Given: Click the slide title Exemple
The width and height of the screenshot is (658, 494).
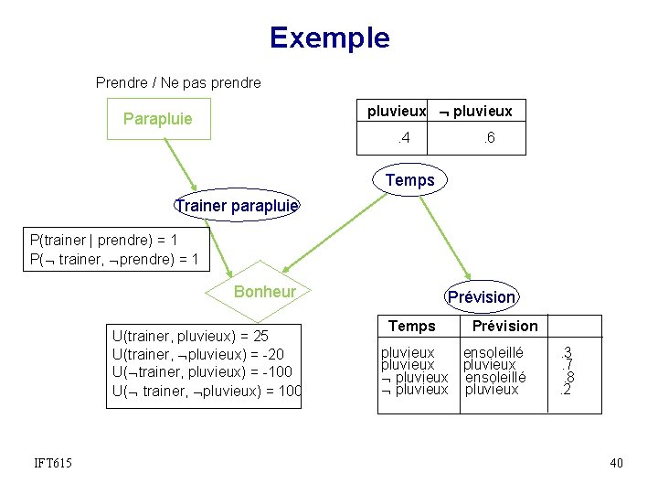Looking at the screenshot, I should click(329, 38).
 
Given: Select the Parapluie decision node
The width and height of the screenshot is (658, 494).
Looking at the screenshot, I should click(158, 119).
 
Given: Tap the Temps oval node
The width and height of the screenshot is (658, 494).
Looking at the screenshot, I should click(410, 180).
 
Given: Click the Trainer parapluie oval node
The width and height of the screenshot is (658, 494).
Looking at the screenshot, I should click(237, 206).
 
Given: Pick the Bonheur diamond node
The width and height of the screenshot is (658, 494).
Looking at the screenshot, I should click(265, 292).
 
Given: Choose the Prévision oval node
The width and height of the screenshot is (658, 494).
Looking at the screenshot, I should click(482, 296).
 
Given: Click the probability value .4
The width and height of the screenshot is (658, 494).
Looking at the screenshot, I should click(401, 138).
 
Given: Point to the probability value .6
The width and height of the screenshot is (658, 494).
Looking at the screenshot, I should click(489, 138).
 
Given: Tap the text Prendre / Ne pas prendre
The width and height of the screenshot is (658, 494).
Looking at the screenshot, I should click(178, 82).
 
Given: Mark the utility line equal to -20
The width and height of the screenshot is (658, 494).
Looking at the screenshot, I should click(198, 354).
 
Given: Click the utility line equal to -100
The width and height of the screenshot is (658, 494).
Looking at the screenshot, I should click(202, 372).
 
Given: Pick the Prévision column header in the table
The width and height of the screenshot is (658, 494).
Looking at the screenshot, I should click(504, 326).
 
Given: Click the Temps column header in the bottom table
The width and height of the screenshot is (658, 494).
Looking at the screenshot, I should click(412, 326).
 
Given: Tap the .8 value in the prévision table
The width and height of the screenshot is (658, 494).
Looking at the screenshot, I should click(568, 377).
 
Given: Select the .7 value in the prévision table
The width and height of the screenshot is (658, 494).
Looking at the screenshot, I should click(568, 364).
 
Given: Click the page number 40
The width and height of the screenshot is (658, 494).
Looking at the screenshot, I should click(616, 464).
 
